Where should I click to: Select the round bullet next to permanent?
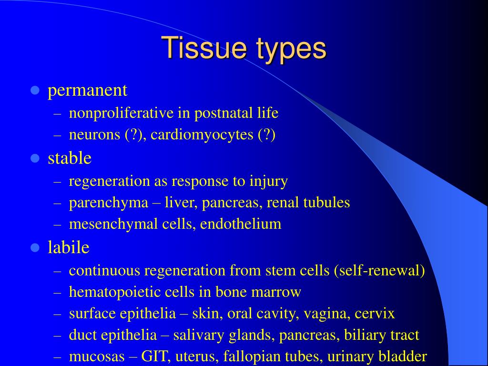point(34,90)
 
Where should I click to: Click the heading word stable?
point(70,158)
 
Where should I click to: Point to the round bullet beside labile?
point(34,247)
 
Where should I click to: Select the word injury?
point(268,182)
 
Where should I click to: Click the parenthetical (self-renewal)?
point(379,271)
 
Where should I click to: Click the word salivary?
point(194,335)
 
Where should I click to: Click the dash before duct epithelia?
point(58,335)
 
